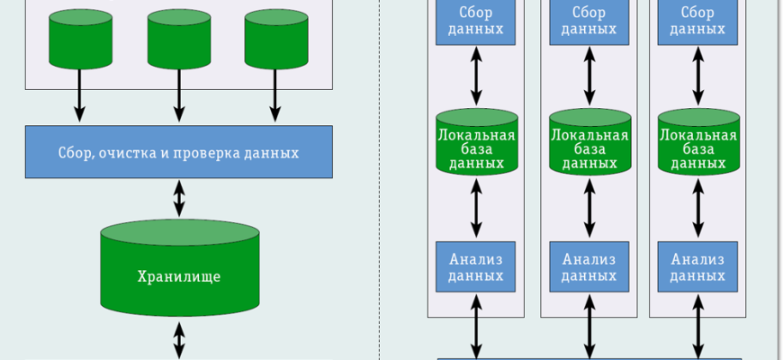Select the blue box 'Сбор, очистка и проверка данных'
[x=179, y=152]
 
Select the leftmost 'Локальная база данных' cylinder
[x=476, y=141]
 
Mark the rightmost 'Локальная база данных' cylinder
[x=697, y=141]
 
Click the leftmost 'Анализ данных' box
[x=476, y=265]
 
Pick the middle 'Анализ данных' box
[x=589, y=265]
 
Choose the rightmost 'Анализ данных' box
[x=697, y=265]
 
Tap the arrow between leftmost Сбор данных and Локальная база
[x=476, y=76]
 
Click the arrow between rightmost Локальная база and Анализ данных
[x=697, y=207]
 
